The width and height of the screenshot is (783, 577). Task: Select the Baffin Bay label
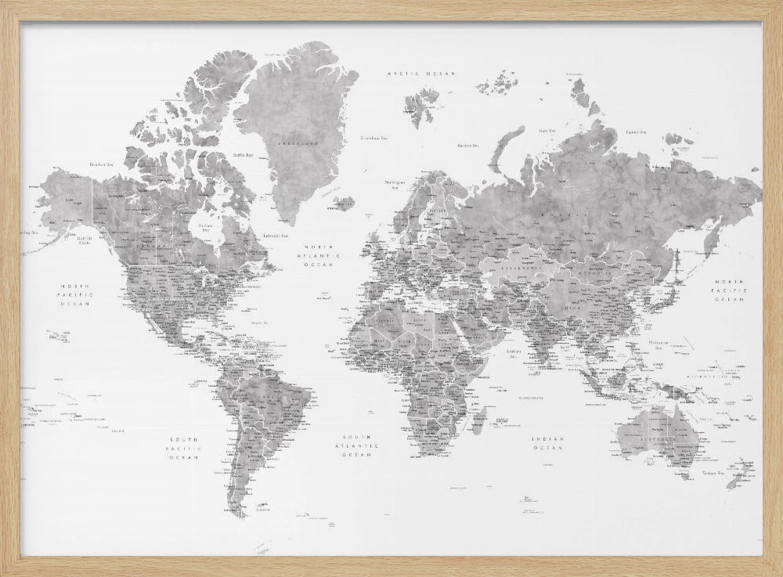pos(243,154)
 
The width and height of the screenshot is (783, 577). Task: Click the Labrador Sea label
pos(274,234)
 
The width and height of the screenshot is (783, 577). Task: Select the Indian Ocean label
pos(547,444)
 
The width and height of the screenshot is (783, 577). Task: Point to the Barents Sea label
pos(467,145)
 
